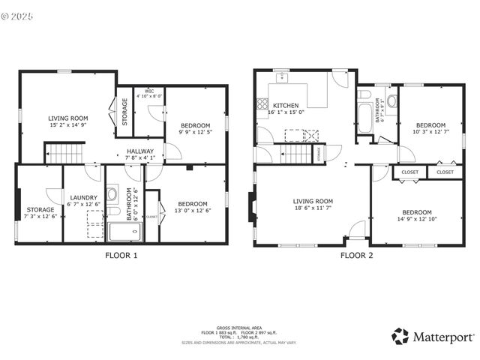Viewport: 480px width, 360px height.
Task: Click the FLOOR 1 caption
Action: coord(121,255)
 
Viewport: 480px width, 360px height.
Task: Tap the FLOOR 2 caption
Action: coord(356,255)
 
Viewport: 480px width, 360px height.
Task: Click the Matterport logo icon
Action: coord(400,336)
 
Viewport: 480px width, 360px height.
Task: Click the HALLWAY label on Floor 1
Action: coord(140,154)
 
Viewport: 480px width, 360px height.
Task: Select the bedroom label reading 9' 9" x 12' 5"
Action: coord(194,129)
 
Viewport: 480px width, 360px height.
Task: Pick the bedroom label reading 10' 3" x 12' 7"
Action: coord(430,129)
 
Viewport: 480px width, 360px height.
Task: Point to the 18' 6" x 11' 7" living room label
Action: coord(313,205)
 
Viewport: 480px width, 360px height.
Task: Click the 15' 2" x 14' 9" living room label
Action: coord(68,122)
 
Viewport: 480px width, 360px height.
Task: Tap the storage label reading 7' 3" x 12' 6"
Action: coord(40,212)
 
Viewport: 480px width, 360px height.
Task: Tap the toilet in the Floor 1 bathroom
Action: coord(112,194)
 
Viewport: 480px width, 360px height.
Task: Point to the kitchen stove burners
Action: coord(262,104)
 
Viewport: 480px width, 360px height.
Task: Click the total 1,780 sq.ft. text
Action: coord(239,337)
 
